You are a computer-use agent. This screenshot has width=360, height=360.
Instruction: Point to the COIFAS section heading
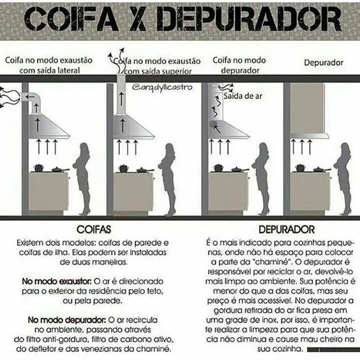[94, 229]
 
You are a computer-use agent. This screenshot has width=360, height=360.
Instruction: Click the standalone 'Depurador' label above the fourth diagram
[324, 63]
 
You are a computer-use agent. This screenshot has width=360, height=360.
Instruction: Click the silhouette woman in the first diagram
[82, 179]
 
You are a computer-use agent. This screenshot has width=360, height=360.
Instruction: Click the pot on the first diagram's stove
[38, 168]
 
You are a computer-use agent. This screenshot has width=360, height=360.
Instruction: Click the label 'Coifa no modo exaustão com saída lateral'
[48, 64]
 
